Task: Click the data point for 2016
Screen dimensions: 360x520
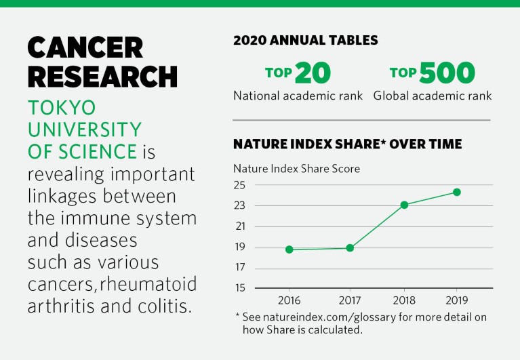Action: point(289,249)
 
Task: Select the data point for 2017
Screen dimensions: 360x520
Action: point(350,248)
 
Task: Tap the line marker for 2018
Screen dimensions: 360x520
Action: point(404,205)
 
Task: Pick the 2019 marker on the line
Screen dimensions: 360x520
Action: point(457,192)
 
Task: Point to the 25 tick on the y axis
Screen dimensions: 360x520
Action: point(239,185)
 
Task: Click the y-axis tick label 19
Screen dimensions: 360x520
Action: point(239,247)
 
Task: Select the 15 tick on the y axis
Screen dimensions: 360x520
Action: point(239,288)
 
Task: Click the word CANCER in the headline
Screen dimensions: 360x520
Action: point(85,47)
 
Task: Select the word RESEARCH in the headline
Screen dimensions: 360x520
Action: point(102,77)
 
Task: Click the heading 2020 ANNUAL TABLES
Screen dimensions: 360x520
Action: point(306,40)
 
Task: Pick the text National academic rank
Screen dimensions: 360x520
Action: point(298,96)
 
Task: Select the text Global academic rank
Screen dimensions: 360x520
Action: point(433,96)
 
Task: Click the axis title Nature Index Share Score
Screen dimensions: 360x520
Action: point(296,168)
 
